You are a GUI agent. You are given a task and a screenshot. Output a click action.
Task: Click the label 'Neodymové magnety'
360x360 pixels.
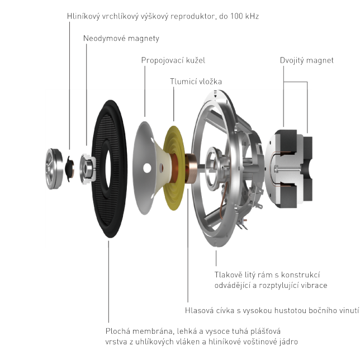121,39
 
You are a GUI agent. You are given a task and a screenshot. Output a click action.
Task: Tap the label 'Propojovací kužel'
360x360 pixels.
173,60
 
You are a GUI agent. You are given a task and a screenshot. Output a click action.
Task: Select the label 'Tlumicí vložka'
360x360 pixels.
196,82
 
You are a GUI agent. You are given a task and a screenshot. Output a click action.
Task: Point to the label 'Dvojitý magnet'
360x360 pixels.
306,60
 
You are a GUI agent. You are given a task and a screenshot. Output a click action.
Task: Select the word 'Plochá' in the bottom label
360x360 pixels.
118,331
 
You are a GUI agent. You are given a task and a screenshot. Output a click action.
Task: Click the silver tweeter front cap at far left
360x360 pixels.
54,169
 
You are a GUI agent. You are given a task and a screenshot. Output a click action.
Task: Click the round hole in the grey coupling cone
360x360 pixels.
146,168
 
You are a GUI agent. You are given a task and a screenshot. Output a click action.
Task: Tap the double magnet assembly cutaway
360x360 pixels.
289,169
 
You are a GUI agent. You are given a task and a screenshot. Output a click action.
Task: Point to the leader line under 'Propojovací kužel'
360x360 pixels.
145,91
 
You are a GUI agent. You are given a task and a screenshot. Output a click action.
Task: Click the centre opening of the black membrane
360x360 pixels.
110,169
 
